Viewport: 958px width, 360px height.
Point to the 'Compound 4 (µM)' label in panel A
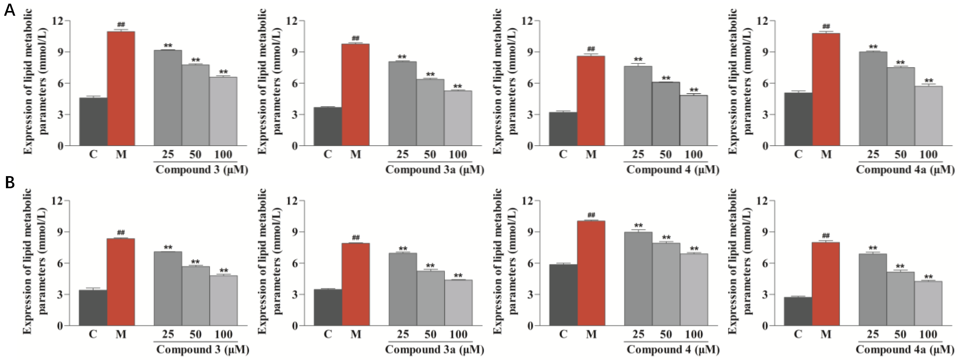(672, 170)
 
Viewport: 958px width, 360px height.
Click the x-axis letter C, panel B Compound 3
(93, 334)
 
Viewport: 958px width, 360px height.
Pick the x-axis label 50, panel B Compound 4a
(900, 334)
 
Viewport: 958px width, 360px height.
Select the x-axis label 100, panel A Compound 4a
(928, 154)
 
